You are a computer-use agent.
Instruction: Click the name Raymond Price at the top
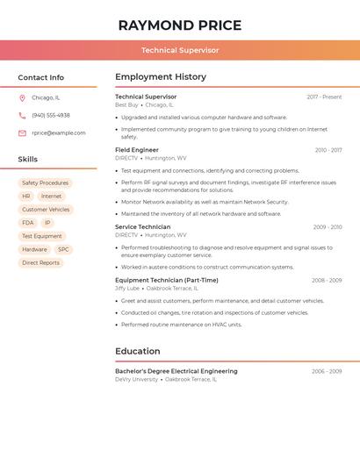180,25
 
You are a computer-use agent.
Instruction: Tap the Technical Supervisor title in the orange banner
180,50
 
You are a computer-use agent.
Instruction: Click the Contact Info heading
40,77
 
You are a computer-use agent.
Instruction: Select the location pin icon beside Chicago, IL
22,97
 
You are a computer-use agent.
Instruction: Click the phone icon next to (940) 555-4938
22,115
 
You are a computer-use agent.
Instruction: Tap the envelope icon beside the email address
22,133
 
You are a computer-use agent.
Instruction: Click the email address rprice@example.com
59,133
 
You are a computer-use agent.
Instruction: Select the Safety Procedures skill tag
45,183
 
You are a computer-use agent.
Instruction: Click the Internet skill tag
52,197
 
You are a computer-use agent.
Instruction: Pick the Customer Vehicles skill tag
46,210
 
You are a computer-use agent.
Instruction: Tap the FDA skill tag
28,223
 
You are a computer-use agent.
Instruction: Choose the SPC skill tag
63,249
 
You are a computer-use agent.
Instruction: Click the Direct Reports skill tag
40,262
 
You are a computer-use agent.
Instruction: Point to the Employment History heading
161,77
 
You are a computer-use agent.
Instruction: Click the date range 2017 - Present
324,97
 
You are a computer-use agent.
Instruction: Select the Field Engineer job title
137,150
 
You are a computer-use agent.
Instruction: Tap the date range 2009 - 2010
327,227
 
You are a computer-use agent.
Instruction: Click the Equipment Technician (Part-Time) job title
167,280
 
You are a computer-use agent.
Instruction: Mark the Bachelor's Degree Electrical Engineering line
176,371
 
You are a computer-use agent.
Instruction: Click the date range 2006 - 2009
327,371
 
